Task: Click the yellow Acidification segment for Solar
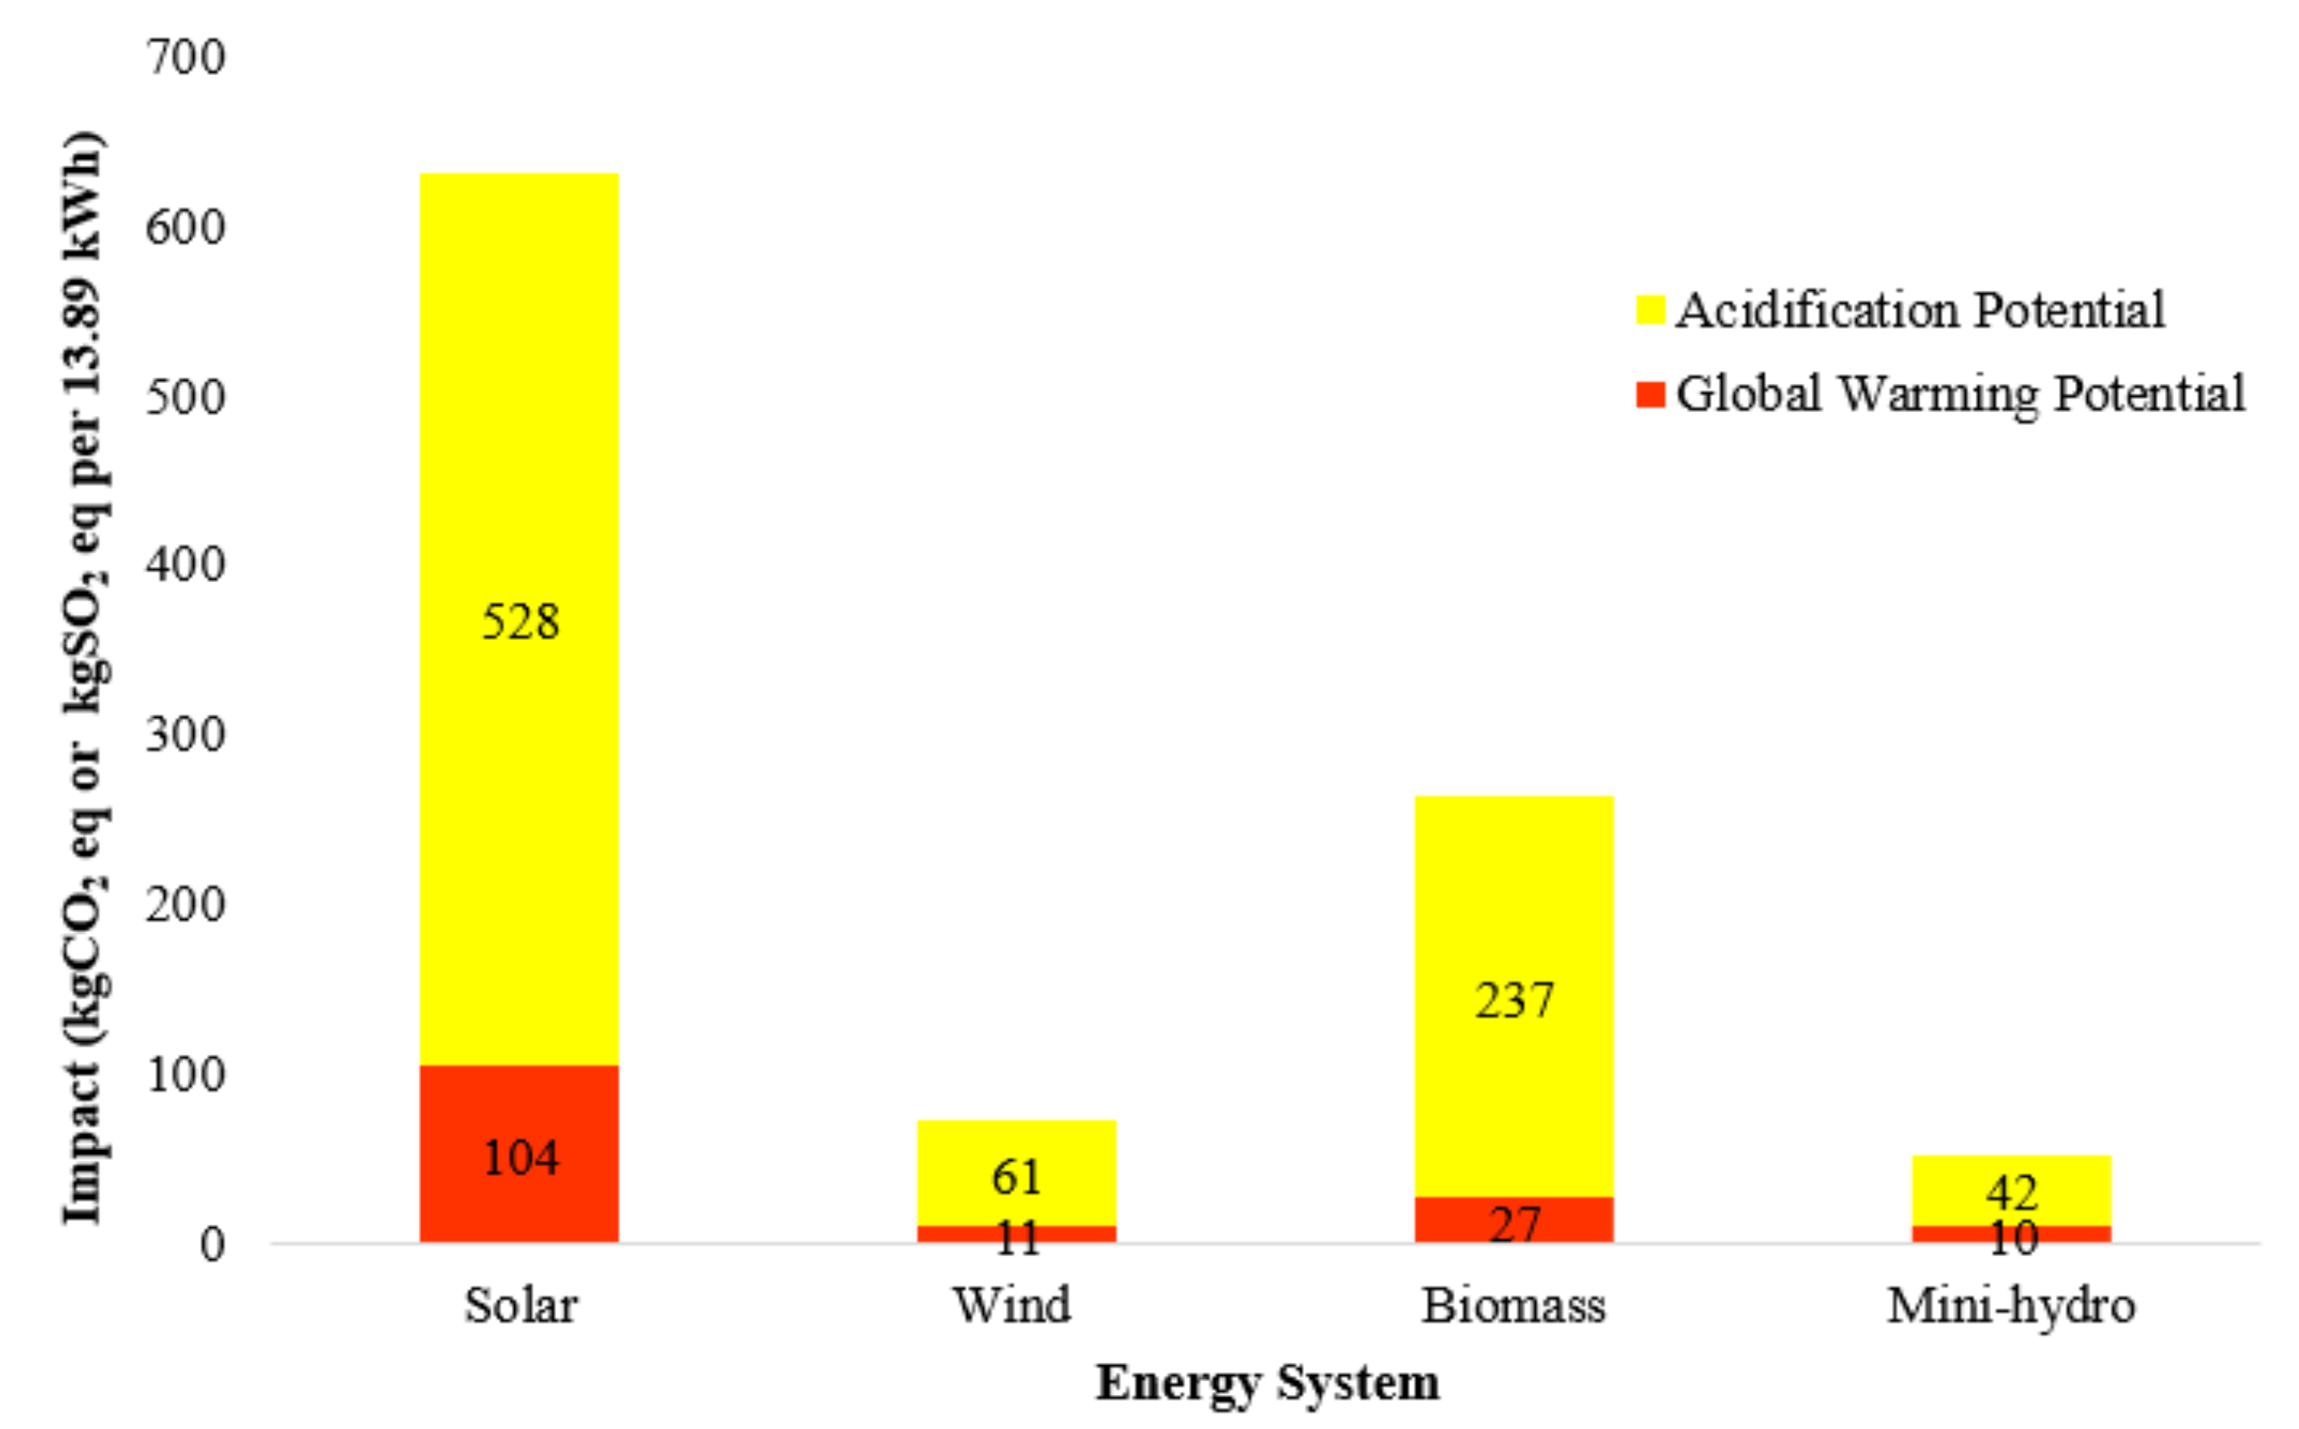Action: coord(519,425)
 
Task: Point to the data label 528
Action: coord(521,622)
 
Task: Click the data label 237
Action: coord(1514,1001)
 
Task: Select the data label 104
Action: coord(521,1157)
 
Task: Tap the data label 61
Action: coord(1017,1177)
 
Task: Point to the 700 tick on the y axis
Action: coord(185,57)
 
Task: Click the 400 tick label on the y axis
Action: coord(185,565)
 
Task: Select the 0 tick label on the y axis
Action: coord(212,1245)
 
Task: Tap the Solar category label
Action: coord(521,1306)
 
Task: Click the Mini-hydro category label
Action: coord(2010,1306)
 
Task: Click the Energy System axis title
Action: coord(1268,1383)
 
